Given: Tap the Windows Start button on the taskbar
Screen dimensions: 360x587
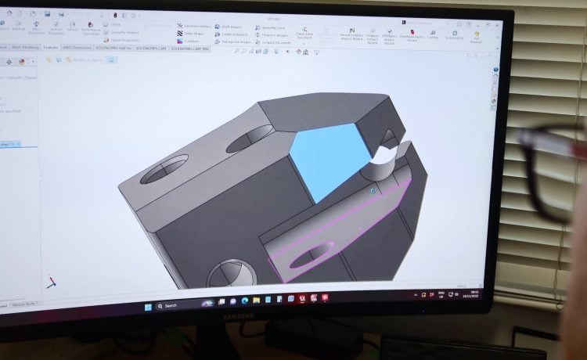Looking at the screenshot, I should click(148, 306).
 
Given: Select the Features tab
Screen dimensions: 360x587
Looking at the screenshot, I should click(52, 48).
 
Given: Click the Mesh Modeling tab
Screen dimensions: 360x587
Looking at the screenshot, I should click(26, 47).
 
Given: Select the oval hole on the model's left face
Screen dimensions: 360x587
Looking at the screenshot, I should click(164, 170).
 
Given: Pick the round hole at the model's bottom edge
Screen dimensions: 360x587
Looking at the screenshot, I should click(232, 274).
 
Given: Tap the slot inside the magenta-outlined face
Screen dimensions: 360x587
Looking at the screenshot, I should click(313, 254).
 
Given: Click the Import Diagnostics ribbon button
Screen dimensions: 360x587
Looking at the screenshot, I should click(126, 38).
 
